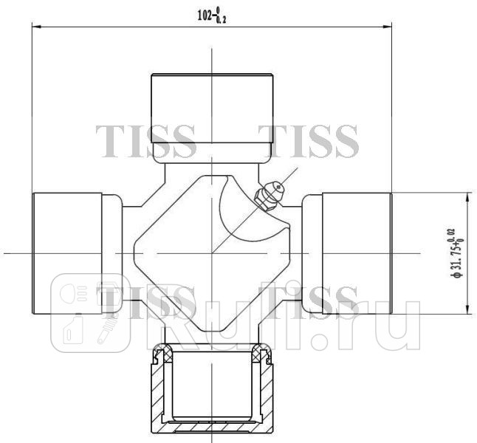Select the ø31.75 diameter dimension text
(460, 253)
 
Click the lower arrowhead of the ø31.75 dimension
(467, 310)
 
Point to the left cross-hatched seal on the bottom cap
(157, 357)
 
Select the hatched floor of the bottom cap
(212, 427)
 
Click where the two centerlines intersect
(212, 253)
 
